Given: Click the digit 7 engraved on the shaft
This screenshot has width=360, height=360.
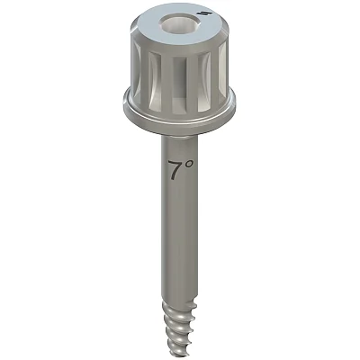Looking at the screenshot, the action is tap(175, 170).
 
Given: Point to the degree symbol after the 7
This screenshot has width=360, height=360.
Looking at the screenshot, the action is tap(189, 164).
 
